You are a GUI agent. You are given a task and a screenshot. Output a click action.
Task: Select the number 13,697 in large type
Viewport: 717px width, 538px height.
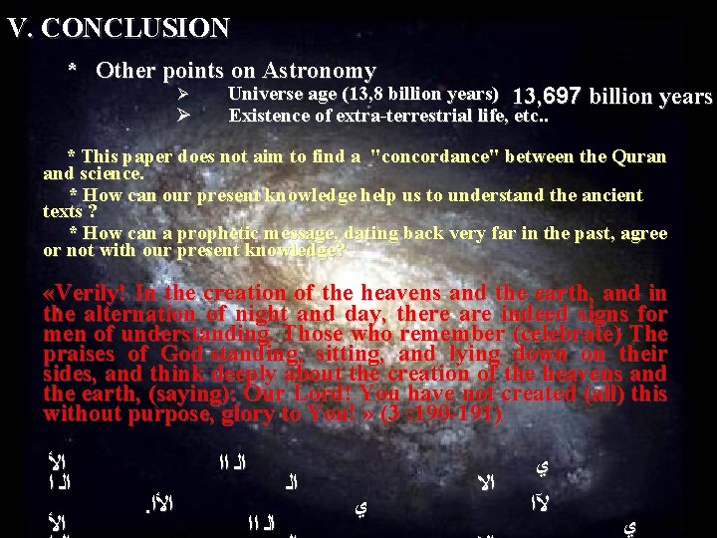point(546,97)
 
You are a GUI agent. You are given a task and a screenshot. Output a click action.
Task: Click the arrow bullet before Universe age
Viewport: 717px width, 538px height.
point(182,95)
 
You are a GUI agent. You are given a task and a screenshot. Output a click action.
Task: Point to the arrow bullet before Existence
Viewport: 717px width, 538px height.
point(182,115)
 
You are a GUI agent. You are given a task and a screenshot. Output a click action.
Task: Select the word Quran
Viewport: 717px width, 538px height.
point(641,156)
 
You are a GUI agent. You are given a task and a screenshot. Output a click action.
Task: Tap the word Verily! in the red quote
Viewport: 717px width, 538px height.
point(86,293)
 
